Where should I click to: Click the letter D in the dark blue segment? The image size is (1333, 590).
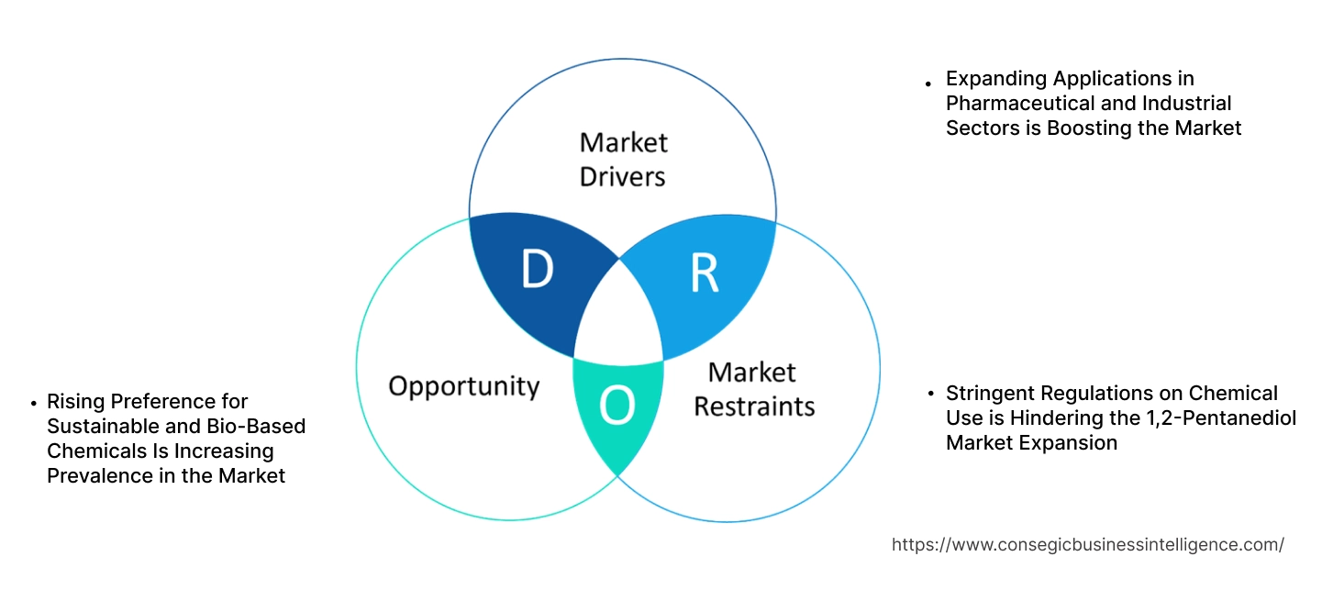pos(538,270)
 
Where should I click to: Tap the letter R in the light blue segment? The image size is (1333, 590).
pos(704,273)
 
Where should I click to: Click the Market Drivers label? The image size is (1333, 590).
pos(624,159)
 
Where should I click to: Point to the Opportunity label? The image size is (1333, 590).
pos(463,385)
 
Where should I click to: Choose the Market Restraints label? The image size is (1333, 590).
pos(753,388)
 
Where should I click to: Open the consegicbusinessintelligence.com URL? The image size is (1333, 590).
pos(1087,545)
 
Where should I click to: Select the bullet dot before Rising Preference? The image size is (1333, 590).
pos(34,403)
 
